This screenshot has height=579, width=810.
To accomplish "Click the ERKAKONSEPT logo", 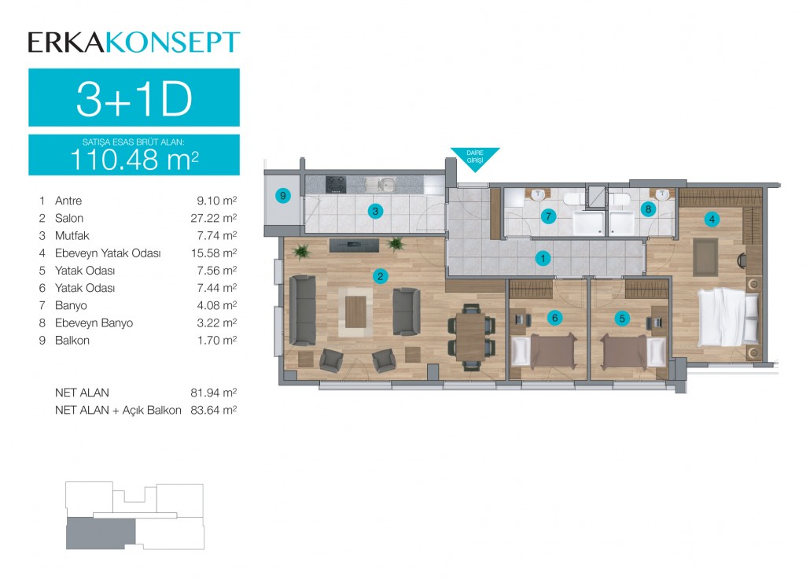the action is coord(134,42).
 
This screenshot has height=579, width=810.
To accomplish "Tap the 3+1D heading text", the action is coord(134,99).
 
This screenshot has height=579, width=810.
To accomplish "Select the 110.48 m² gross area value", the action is coord(134,159).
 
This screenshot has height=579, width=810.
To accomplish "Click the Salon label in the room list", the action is coord(69,218).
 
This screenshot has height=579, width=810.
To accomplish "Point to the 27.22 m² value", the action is coord(213,218).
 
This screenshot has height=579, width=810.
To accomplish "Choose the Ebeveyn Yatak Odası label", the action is coord(108,253).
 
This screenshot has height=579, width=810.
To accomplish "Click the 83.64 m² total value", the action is coord(213,410).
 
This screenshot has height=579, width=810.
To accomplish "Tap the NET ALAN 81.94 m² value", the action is coord(213,393).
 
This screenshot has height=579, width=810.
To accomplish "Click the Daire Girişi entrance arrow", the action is coord(475,157).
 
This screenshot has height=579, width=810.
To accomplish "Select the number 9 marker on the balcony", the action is coord(282,196).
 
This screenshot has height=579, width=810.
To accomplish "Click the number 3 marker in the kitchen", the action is coord(375,211).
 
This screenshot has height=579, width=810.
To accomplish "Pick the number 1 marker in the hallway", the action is coord(543,258).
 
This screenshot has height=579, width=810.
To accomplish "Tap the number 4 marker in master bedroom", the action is coord(712,219).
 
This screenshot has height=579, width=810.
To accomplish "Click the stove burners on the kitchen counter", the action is coord(336,185).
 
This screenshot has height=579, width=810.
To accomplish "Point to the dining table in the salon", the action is coord(470,337).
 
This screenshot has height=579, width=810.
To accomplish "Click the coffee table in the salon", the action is coord(355,312).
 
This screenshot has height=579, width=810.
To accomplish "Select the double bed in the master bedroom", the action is coord(728,317).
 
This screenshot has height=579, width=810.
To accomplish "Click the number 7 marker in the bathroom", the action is coord(549,216).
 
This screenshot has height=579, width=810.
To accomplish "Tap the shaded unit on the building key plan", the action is coord(101,533).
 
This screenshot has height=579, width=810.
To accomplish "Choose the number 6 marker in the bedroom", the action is coord(554,318).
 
